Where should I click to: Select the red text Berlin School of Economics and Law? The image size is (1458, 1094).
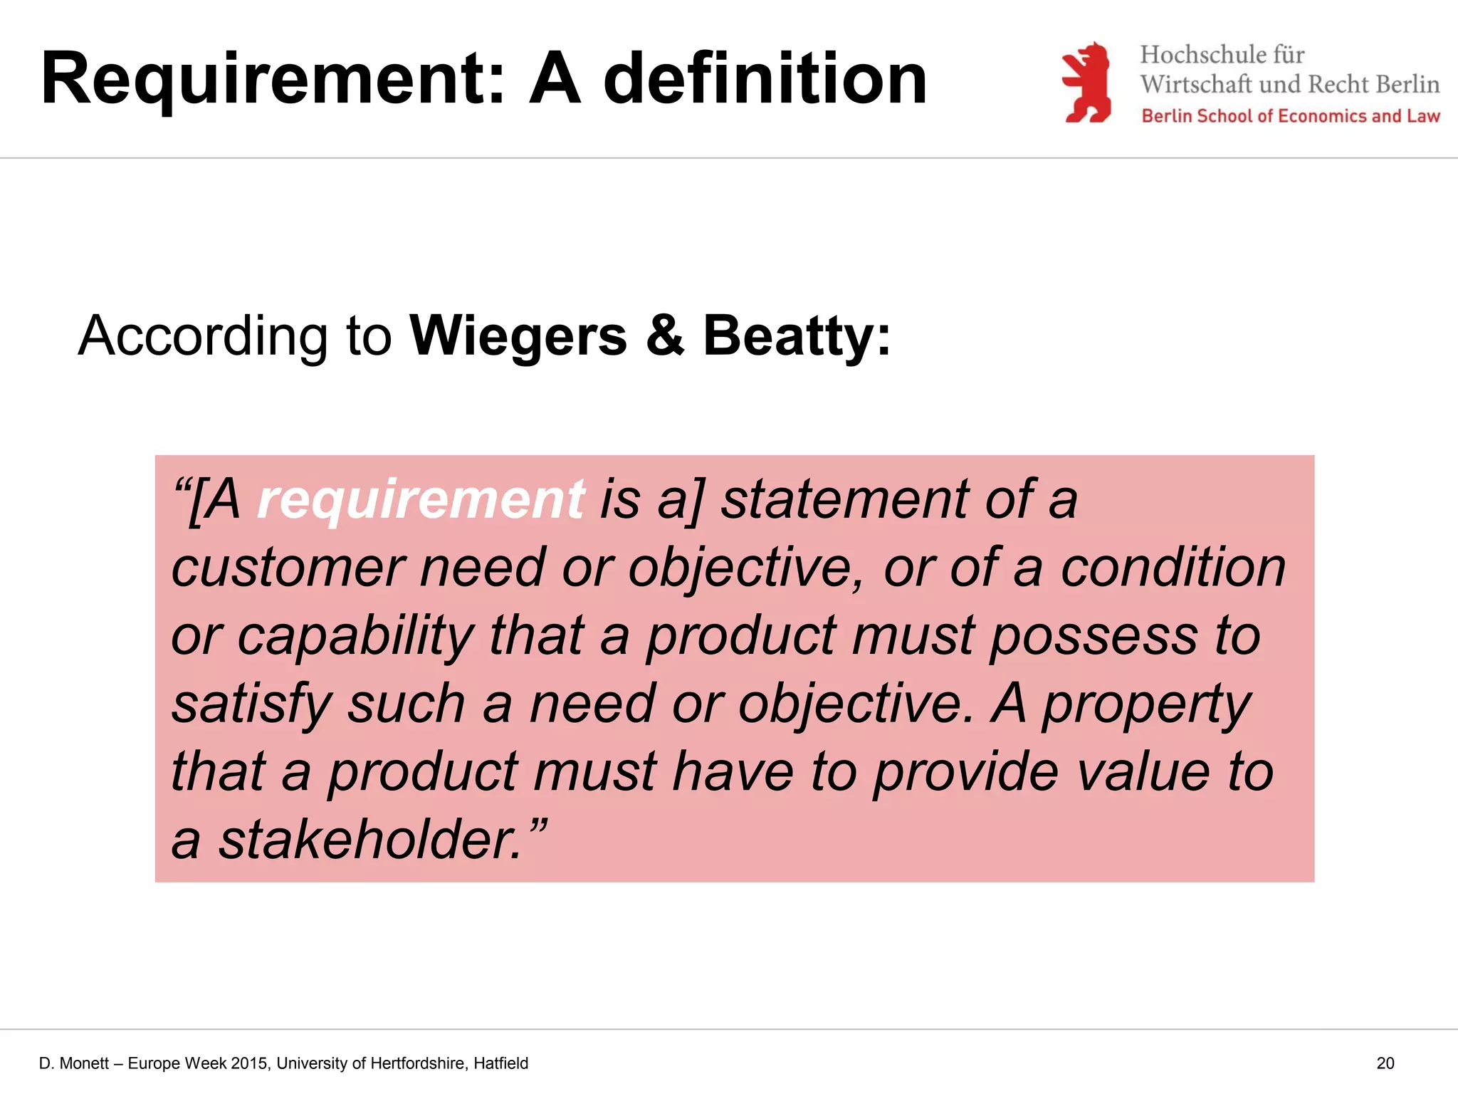click(x=1290, y=116)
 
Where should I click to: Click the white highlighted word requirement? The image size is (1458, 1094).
click(x=420, y=499)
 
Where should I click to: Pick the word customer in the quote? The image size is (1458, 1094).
click(x=288, y=568)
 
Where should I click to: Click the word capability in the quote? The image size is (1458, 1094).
click(x=355, y=636)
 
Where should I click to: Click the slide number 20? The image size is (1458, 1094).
click(x=1385, y=1063)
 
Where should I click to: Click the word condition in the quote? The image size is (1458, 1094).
click(x=1173, y=568)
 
